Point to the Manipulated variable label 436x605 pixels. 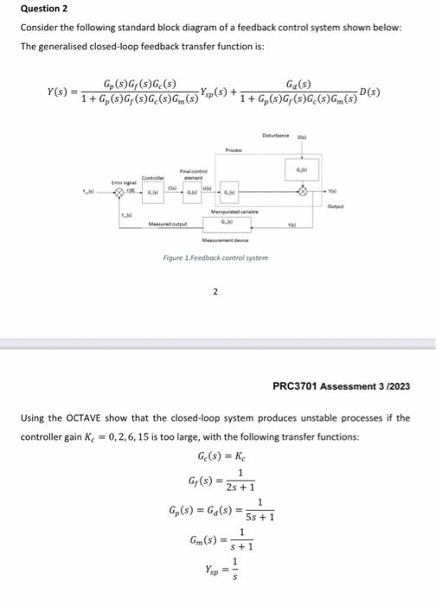tap(231, 211)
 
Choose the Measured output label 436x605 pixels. tap(167, 223)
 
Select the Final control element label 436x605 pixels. tap(191, 172)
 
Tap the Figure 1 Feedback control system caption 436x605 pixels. tap(217, 258)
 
